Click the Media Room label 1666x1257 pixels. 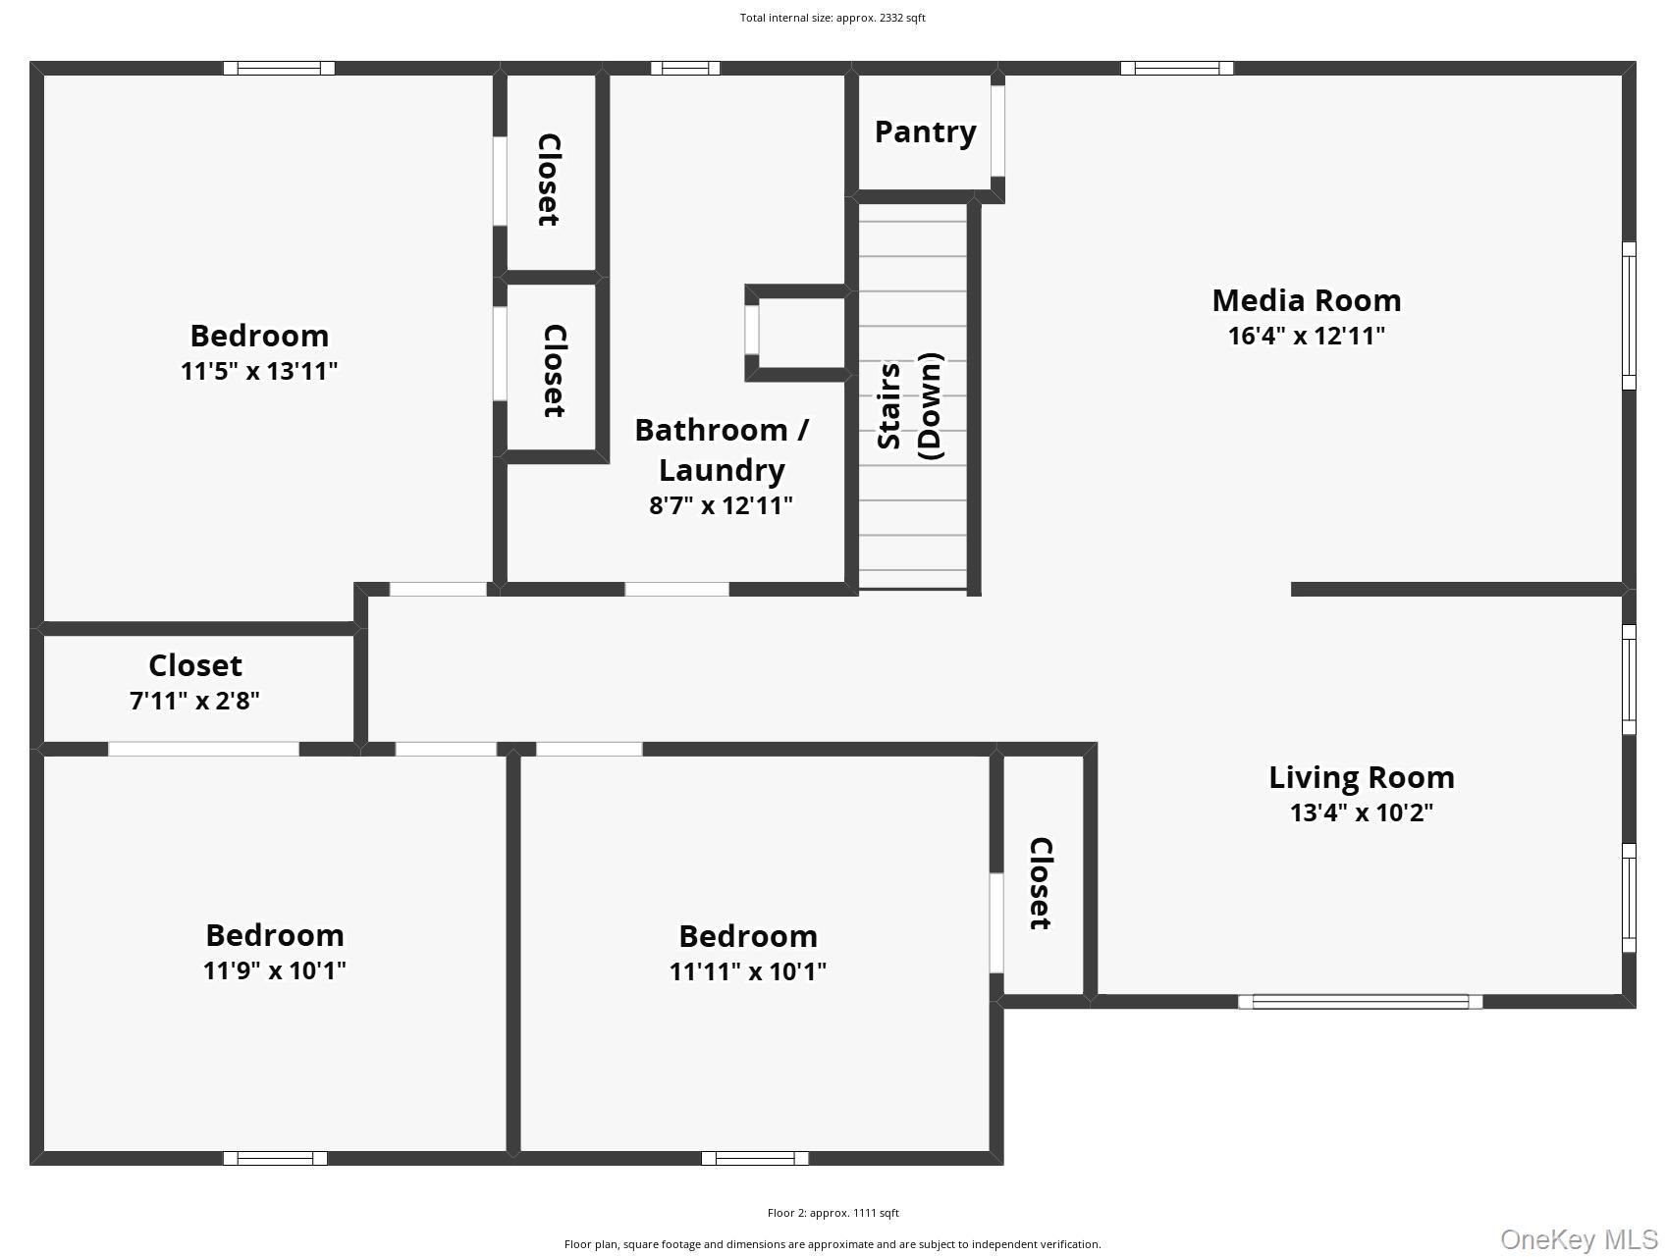pos(1306,300)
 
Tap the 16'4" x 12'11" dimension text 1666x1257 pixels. pos(1306,336)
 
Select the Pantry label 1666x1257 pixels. pos(925,131)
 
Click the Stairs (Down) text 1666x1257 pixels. pos(910,405)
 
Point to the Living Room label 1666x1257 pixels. pos(1361,777)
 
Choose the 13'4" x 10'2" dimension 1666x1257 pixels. pos(1361,812)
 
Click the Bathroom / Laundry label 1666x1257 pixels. pos(722,449)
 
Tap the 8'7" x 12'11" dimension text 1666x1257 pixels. pos(722,505)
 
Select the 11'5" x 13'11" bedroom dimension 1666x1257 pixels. pos(259,371)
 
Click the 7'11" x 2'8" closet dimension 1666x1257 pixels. pos(194,701)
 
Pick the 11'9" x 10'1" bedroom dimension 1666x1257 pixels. pos(274,970)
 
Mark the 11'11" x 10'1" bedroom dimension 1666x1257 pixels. pos(747,971)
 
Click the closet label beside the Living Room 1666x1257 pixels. pos(1041,883)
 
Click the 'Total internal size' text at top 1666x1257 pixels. pos(833,18)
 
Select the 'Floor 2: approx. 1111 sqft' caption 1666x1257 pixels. pos(833,1213)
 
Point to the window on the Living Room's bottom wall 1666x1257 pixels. pos(1360,1002)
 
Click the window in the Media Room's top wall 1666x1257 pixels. pos(1177,68)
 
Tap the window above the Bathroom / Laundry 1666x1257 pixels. pos(685,68)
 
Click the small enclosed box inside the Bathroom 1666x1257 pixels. pos(796,333)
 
